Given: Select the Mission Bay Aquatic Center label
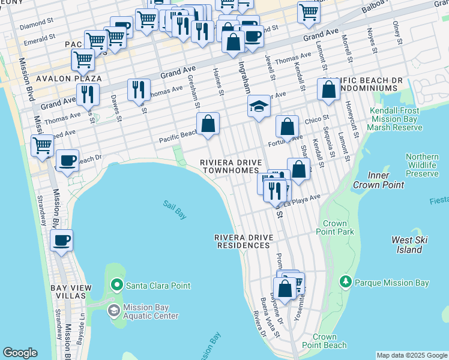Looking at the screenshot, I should (150, 311).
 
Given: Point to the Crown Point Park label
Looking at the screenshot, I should (337, 227).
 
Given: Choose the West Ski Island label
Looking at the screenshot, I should (410, 244).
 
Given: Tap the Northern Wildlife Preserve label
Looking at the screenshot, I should (421, 164).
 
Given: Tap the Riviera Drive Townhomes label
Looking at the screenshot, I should (229, 166).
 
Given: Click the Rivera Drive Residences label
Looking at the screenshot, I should (244, 241).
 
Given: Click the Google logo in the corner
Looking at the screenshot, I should (20, 353).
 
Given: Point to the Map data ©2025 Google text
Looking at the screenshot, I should (412, 355).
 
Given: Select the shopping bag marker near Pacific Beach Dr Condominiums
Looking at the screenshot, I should (329, 90).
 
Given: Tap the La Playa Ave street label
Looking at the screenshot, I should (303, 201).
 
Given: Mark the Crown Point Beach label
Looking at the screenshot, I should (324, 341).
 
